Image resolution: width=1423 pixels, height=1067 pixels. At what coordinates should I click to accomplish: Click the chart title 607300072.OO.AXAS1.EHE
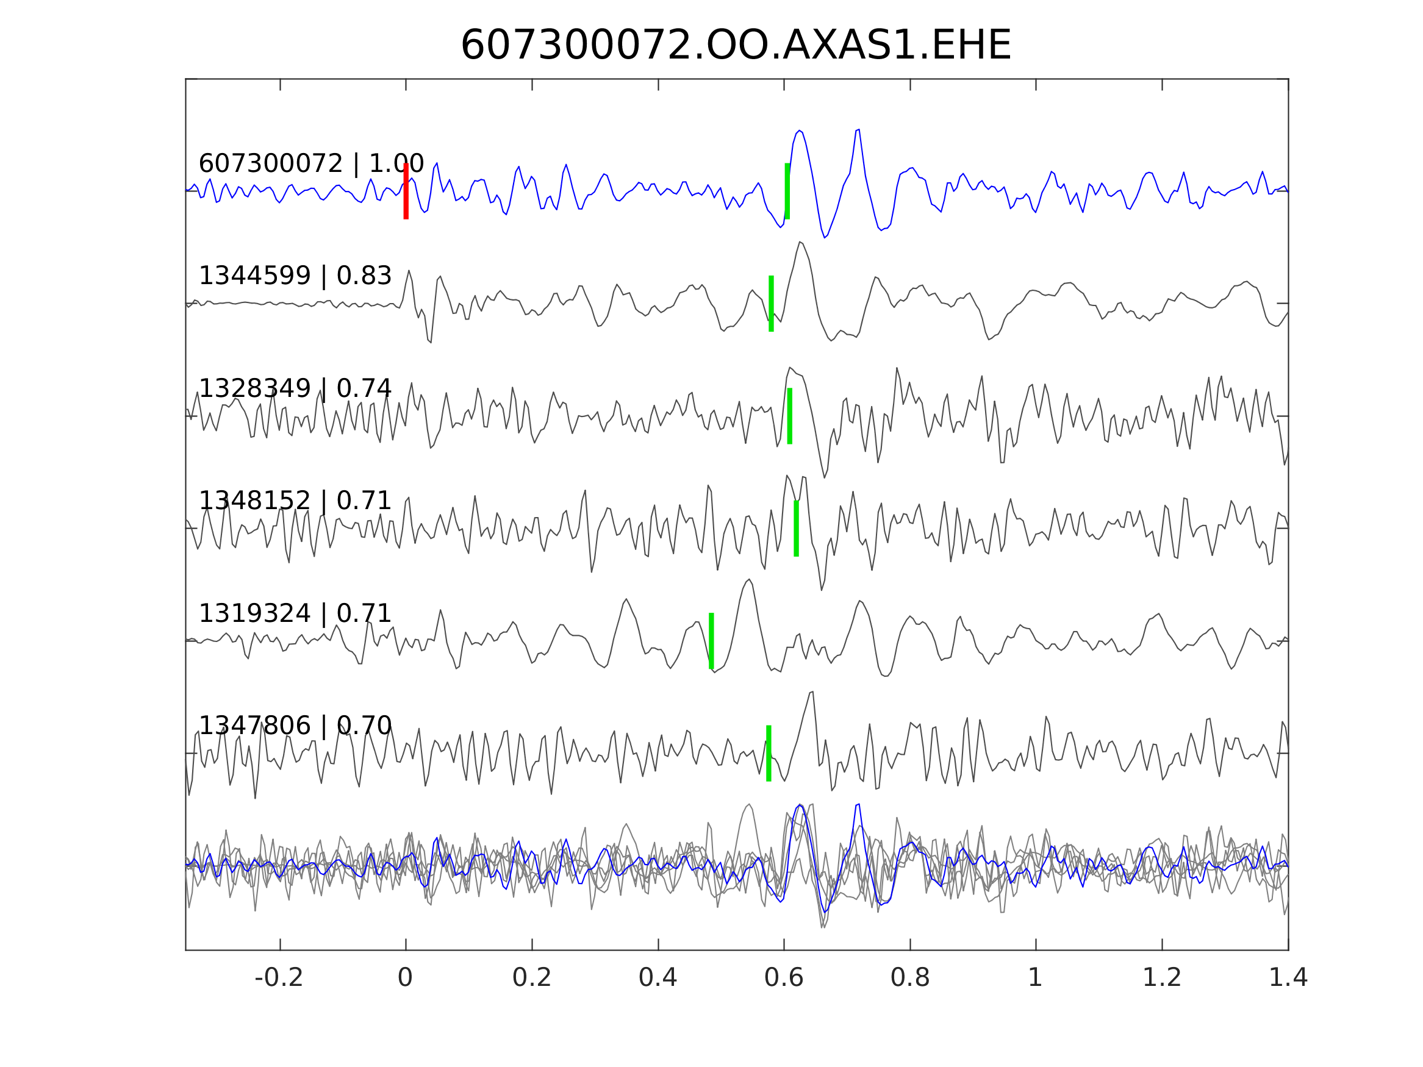pyautogui.click(x=736, y=46)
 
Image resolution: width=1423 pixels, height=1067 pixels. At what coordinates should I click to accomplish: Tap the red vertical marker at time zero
pyautogui.click(x=406, y=191)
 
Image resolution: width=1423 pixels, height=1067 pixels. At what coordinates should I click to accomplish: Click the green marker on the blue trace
pyautogui.click(x=787, y=191)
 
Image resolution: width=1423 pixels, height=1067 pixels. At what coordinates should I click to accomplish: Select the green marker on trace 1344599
pyautogui.click(x=771, y=304)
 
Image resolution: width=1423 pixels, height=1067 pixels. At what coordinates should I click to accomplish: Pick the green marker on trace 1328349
pyautogui.click(x=789, y=416)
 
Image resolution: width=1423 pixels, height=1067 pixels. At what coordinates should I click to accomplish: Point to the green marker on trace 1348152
pyautogui.click(x=796, y=528)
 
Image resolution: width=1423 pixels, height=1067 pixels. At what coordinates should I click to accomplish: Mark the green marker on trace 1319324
pyautogui.click(x=711, y=641)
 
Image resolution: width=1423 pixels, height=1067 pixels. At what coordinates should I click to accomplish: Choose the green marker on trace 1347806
pyautogui.click(x=768, y=753)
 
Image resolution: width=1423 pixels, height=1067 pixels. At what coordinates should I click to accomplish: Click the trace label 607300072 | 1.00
pyautogui.click(x=311, y=164)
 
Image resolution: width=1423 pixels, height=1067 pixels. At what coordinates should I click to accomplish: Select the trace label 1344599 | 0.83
pyautogui.click(x=295, y=276)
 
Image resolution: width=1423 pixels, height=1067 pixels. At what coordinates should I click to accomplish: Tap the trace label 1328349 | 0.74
pyautogui.click(x=295, y=388)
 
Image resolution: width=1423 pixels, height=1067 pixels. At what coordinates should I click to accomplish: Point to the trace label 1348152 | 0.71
pyautogui.click(x=295, y=501)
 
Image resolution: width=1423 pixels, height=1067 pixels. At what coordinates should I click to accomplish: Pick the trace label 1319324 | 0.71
pyautogui.click(x=295, y=613)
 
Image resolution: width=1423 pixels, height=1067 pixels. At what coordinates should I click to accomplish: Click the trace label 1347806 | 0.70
pyautogui.click(x=295, y=726)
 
